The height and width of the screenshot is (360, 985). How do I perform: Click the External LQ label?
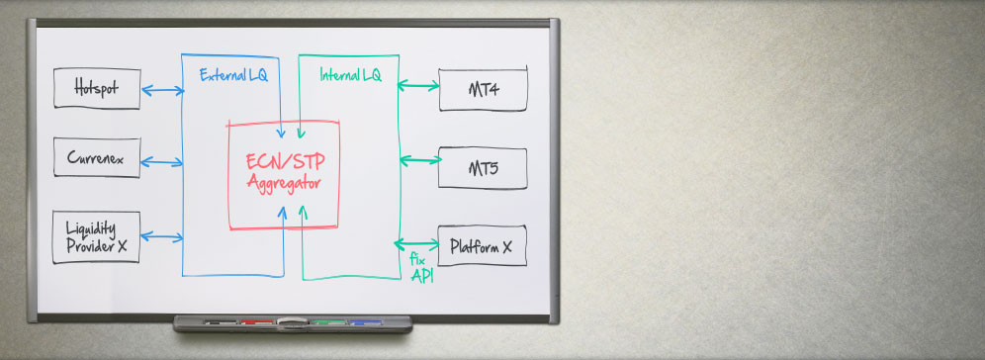point(233,75)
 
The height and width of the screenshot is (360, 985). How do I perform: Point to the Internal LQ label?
point(350,75)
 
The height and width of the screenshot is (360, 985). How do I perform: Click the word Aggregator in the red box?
point(284,183)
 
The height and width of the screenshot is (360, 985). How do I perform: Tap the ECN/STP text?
point(286,161)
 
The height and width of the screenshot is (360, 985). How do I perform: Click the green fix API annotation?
point(421,268)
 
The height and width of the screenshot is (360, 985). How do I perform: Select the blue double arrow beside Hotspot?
point(163,90)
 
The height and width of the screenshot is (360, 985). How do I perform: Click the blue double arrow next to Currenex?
point(162,162)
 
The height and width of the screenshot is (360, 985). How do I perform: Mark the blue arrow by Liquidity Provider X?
point(162,236)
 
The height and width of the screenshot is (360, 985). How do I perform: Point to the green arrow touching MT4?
point(418,85)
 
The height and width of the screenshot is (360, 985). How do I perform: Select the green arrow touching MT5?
point(420,160)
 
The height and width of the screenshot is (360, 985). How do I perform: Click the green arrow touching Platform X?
point(416,243)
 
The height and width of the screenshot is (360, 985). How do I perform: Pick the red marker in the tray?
point(256,322)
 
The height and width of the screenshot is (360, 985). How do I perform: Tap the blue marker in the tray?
point(366,322)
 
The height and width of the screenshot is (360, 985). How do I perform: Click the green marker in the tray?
point(328,322)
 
